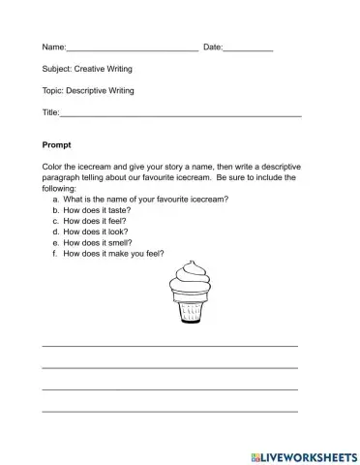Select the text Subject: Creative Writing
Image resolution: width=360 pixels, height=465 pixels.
88,69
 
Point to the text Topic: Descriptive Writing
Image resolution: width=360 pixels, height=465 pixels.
88,91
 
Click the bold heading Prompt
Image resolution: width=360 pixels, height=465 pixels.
57,144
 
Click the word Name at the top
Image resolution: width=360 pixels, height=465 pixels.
53,46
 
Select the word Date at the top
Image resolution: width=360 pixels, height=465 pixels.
212,46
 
